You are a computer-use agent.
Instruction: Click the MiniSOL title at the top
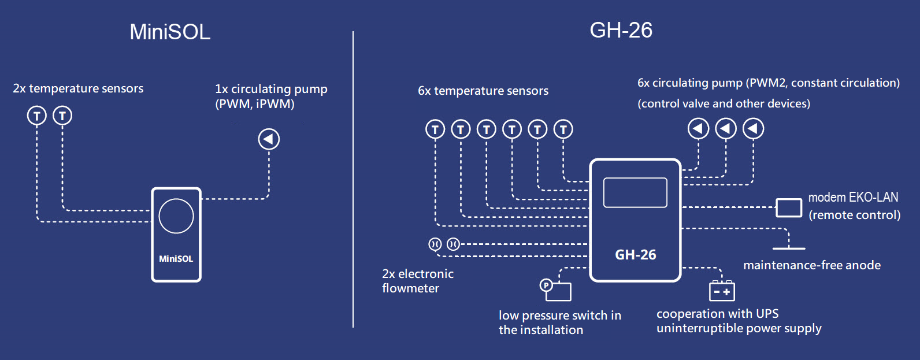tap(170, 32)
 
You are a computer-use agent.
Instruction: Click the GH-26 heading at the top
tap(621, 30)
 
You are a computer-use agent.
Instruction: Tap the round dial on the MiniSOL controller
tap(176, 216)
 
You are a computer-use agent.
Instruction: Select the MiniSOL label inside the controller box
tap(176, 259)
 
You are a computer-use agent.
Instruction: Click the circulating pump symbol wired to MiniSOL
tap(269, 139)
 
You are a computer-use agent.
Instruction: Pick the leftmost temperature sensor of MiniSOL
tap(37, 116)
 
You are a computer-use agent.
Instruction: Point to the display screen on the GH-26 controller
tap(635, 192)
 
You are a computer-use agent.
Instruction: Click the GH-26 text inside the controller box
tap(635, 255)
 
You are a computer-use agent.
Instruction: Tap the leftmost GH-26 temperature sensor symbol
tap(435, 129)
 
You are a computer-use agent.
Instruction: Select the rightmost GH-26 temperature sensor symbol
tap(563, 129)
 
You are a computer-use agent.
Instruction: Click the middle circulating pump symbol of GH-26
tap(726, 128)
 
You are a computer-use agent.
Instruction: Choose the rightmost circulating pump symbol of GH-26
tap(753, 128)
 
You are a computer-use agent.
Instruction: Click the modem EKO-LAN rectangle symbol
tap(788, 207)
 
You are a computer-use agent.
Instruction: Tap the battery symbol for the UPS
tap(722, 291)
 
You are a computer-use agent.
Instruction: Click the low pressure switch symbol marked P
tap(556, 290)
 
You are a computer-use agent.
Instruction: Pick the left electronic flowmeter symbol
tap(435, 244)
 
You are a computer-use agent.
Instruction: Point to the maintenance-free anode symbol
tap(789, 247)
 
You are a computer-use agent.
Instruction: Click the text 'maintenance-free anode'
tap(812, 265)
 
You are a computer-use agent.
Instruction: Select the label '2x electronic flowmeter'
tap(418, 281)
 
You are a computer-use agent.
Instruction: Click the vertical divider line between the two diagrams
tap(353, 179)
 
